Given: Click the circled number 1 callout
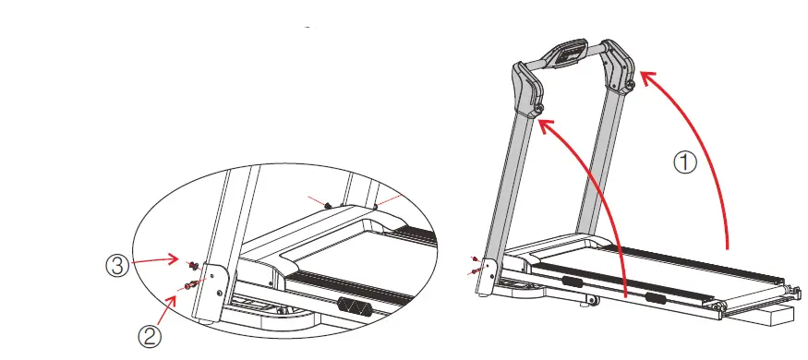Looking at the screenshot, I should [684, 163].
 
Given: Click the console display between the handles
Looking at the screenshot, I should [571, 56].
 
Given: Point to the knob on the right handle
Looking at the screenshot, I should [628, 85].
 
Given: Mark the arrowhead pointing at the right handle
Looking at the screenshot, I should [645, 78].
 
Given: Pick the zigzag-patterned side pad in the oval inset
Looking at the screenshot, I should [356, 306].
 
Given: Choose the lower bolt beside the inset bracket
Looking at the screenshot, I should [188, 285].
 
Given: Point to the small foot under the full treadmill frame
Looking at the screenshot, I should [587, 300].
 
